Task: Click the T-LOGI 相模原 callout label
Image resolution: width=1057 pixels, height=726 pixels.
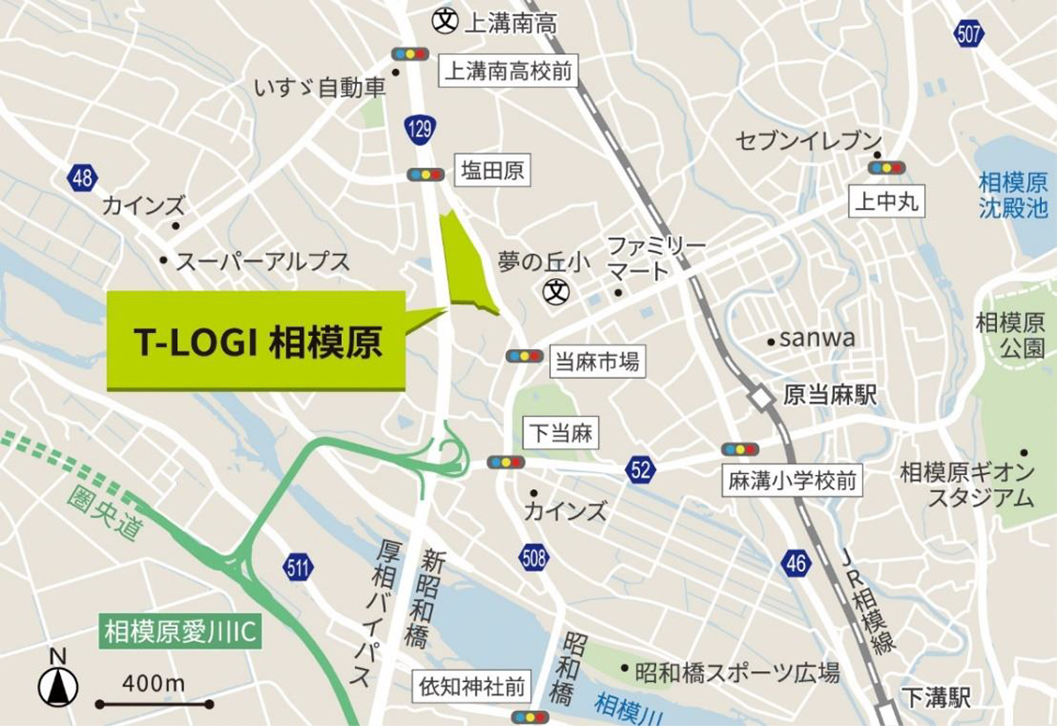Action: pyautogui.click(x=256, y=340)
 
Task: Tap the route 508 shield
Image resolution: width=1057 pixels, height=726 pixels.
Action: pyautogui.click(x=534, y=557)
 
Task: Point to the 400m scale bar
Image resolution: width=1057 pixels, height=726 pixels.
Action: pyautogui.click(x=155, y=703)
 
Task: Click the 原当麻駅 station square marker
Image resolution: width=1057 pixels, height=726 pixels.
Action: pyautogui.click(x=759, y=397)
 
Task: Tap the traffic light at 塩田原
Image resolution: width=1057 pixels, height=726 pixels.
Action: pyautogui.click(x=425, y=174)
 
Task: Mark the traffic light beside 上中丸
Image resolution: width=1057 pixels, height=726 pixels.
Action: pyautogui.click(x=886, y=167)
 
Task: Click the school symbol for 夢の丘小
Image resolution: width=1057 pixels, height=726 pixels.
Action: pyautogui.click(x=556, y=289)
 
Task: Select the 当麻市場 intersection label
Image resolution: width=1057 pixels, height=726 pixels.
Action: pyautogui.click(x=595, y=360)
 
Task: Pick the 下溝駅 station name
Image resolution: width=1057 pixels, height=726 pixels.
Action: pyautogui.click(x=935, y=700)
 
